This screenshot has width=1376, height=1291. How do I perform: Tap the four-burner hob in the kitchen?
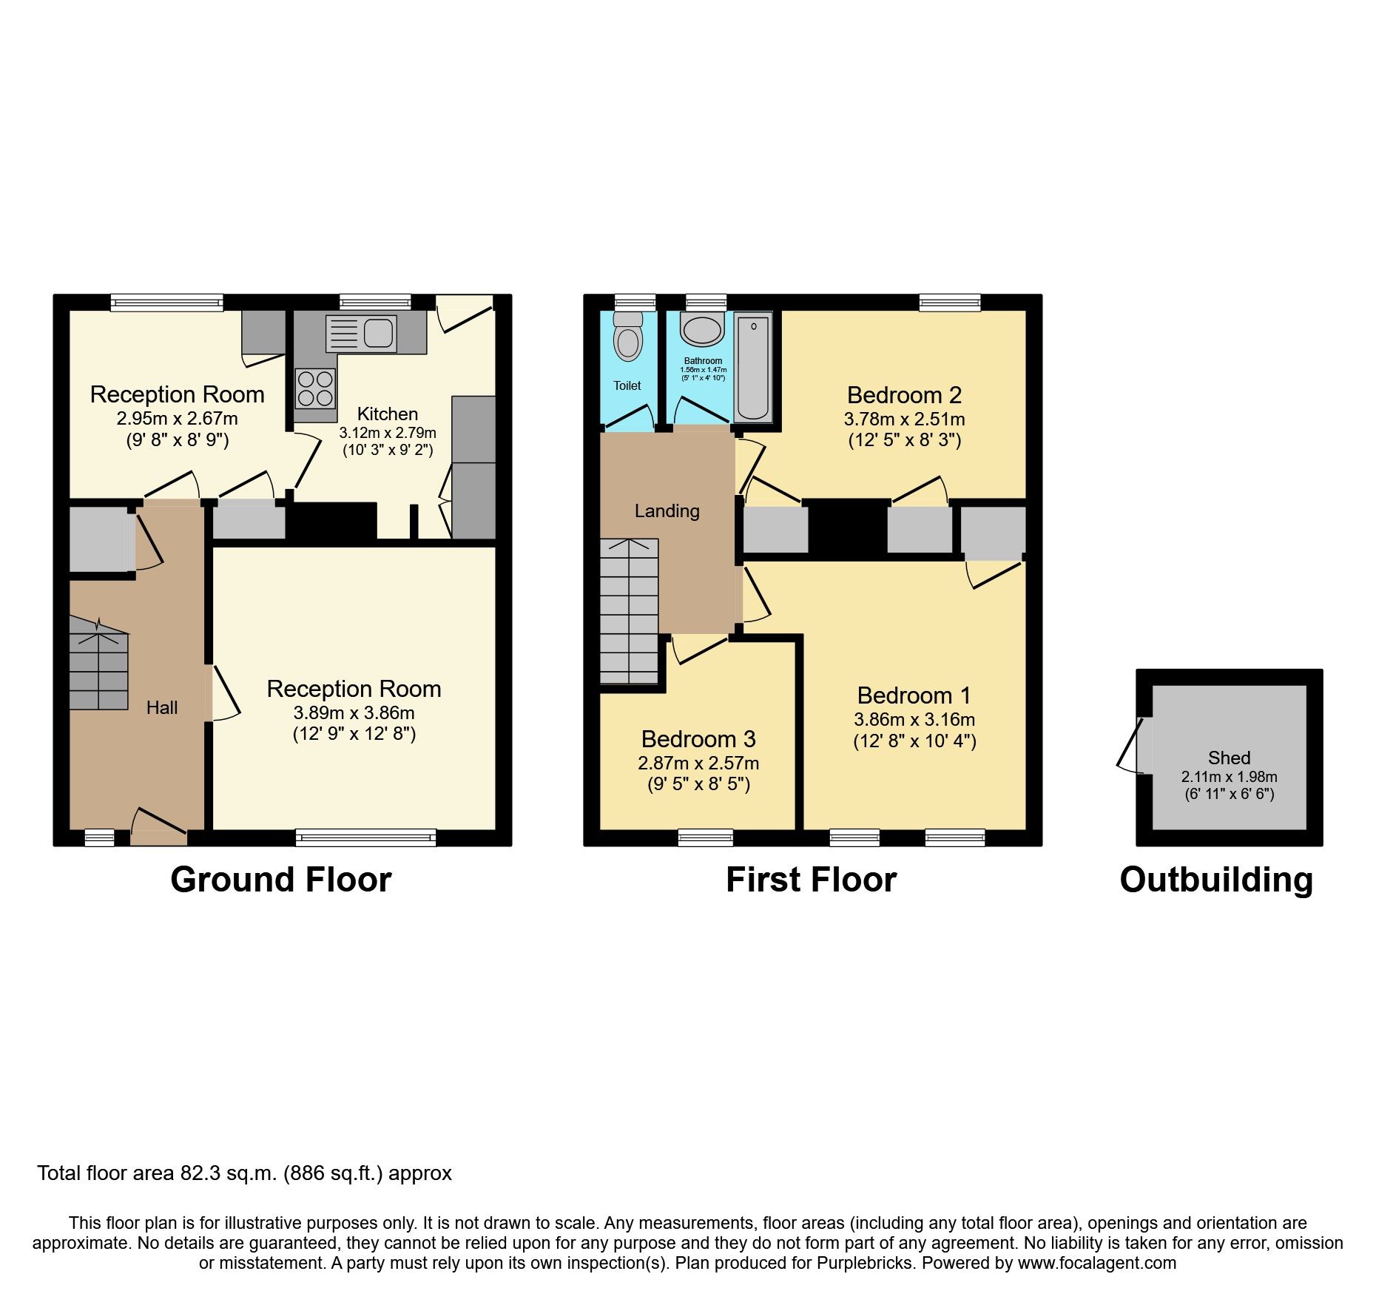click(315, 389)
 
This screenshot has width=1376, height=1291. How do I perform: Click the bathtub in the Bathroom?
click(753, 367)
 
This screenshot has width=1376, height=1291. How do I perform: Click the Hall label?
click(162, 708)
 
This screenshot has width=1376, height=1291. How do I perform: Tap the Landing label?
click(667, 511)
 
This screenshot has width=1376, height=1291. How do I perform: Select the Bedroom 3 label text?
click(698, 739)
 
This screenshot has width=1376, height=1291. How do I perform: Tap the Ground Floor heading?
click(280, 880)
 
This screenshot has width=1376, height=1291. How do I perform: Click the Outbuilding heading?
click(1216, 880)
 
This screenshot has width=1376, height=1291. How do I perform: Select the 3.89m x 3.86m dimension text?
click(354, 713)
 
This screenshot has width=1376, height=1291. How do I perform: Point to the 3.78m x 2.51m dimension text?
click(904, 419)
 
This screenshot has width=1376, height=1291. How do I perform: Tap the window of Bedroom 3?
click(706, 837)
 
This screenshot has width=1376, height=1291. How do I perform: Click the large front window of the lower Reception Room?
click(365, 837)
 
